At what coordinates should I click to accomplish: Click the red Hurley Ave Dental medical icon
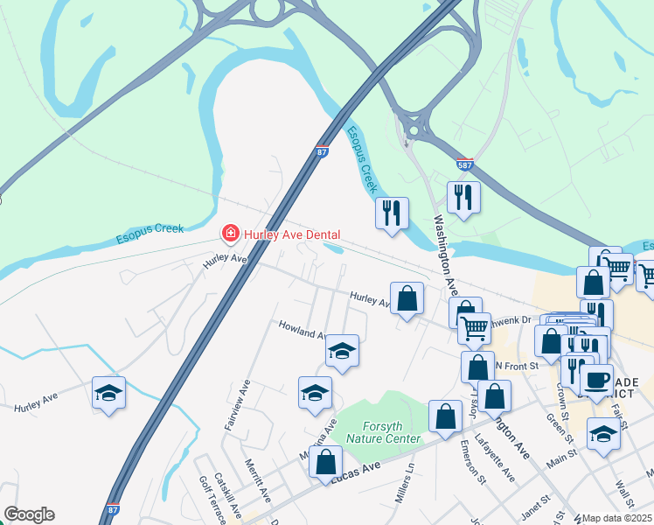pyautogui.click(x=230, y=234)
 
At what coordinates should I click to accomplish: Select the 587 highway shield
pyautogui.click(x=466, y=164)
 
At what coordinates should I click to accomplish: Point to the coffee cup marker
pyautogui.click(x=597, y=381)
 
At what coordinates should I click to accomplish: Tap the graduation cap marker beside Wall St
pyautogui.click(x=603, y=434)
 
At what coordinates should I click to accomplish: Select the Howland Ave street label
pyautogui.click(x=302, y=329)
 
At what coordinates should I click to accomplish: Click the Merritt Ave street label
pyautogui.click(x=254, y=479)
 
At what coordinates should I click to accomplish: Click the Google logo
pyautogui.click(x=29, y=514)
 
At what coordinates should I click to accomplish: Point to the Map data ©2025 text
pyautogui.click(x=616, y=518)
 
